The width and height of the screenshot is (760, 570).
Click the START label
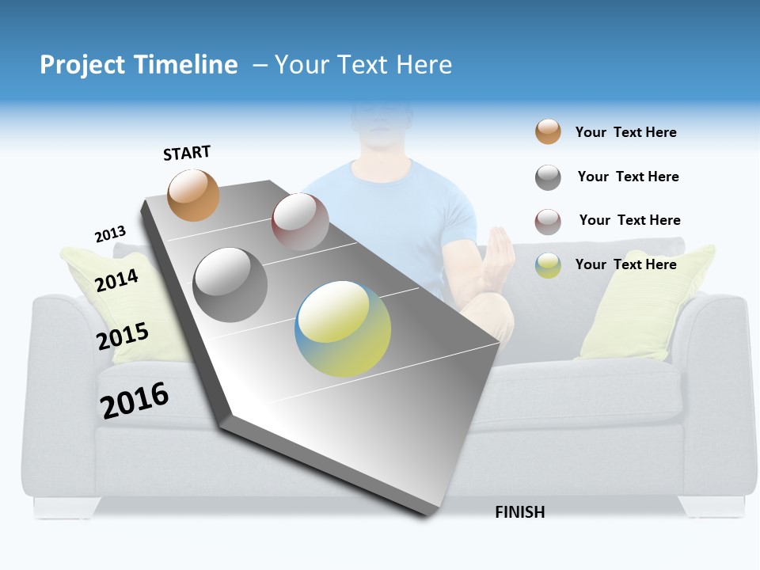point(187,153)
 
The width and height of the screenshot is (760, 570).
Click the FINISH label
point(519,512)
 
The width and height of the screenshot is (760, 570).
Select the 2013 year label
point(110,234)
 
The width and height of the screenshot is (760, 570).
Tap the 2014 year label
point(116,280)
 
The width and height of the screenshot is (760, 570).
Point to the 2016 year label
point(135,400)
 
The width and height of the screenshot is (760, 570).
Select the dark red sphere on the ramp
point(300,222)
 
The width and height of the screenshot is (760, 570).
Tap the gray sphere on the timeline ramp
point(230,285)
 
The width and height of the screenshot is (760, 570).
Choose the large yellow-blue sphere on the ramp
point(343,329)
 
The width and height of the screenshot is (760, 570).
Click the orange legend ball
point(548,132)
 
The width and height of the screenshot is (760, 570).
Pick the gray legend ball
point(548,177)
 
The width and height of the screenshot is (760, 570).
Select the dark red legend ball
point(548,222)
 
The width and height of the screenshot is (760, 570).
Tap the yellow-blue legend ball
point(548,265)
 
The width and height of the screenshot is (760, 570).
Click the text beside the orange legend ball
point(625,132)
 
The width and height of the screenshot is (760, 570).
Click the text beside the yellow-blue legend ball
point(625,264)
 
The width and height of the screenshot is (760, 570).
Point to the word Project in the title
point(83,65)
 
